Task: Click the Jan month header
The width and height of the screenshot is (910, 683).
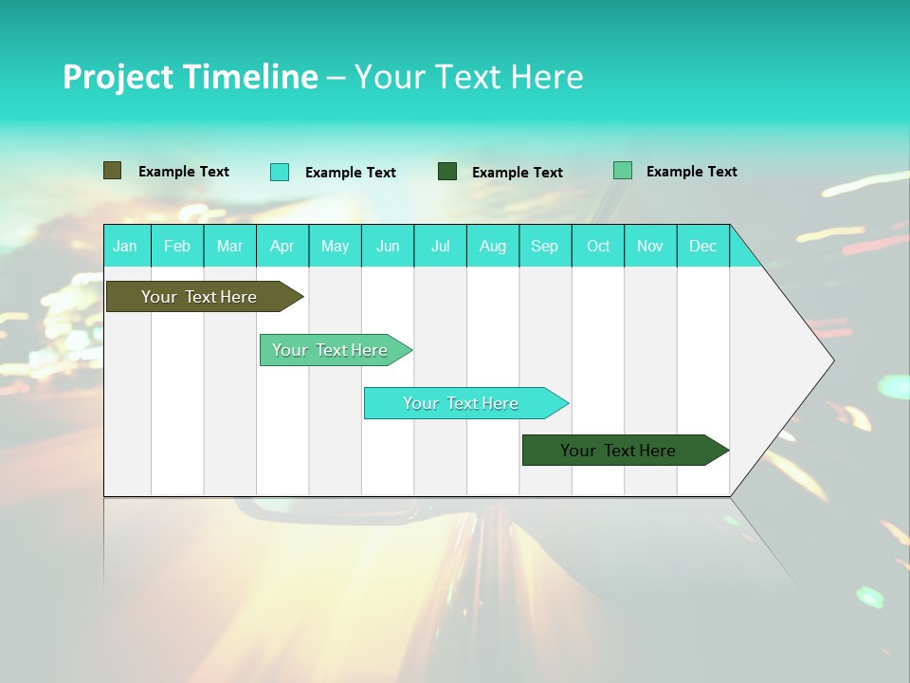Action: (x=126, y=246)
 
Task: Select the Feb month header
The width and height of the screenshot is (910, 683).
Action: (x=177, y=246)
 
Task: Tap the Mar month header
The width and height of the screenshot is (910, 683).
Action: (x=229, y=246)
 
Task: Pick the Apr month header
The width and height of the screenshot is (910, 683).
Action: (x=282, y=246)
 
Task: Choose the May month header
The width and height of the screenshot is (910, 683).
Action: (x=335, y=246)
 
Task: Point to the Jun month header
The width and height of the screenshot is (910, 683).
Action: (x=388, y=246)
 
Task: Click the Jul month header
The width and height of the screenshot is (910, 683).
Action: (x=440, y=246)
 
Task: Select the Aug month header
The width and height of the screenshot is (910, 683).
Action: (x=493, y=246)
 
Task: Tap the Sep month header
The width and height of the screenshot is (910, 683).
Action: (x=545, y=246)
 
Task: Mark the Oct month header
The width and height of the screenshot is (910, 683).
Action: (x=598, y=246)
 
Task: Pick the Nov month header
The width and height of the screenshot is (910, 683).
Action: (x=650, y=246)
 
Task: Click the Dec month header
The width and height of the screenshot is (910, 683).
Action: (x=703, y=246)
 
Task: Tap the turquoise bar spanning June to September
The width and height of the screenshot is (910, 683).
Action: (x=462, y=403)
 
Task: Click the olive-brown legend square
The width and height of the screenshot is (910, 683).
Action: (x=112, y=171)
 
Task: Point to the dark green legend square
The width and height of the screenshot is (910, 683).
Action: (x=447, y=172)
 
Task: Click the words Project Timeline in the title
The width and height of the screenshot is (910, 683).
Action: (x=190, y=77)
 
